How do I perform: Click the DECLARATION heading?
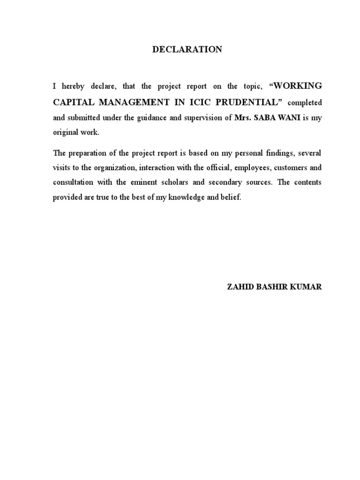tap(187, 49)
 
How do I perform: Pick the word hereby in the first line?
tap(73, 87)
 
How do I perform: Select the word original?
tap(65, 133)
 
